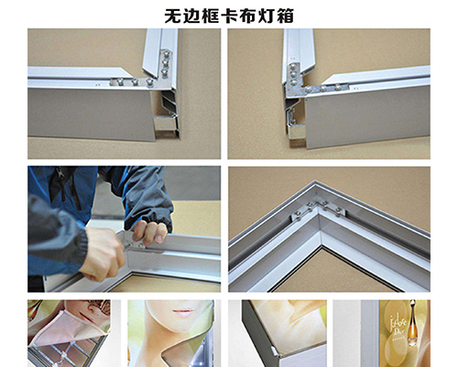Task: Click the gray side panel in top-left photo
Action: point(92,115)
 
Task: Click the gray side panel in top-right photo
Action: point(366,115)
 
